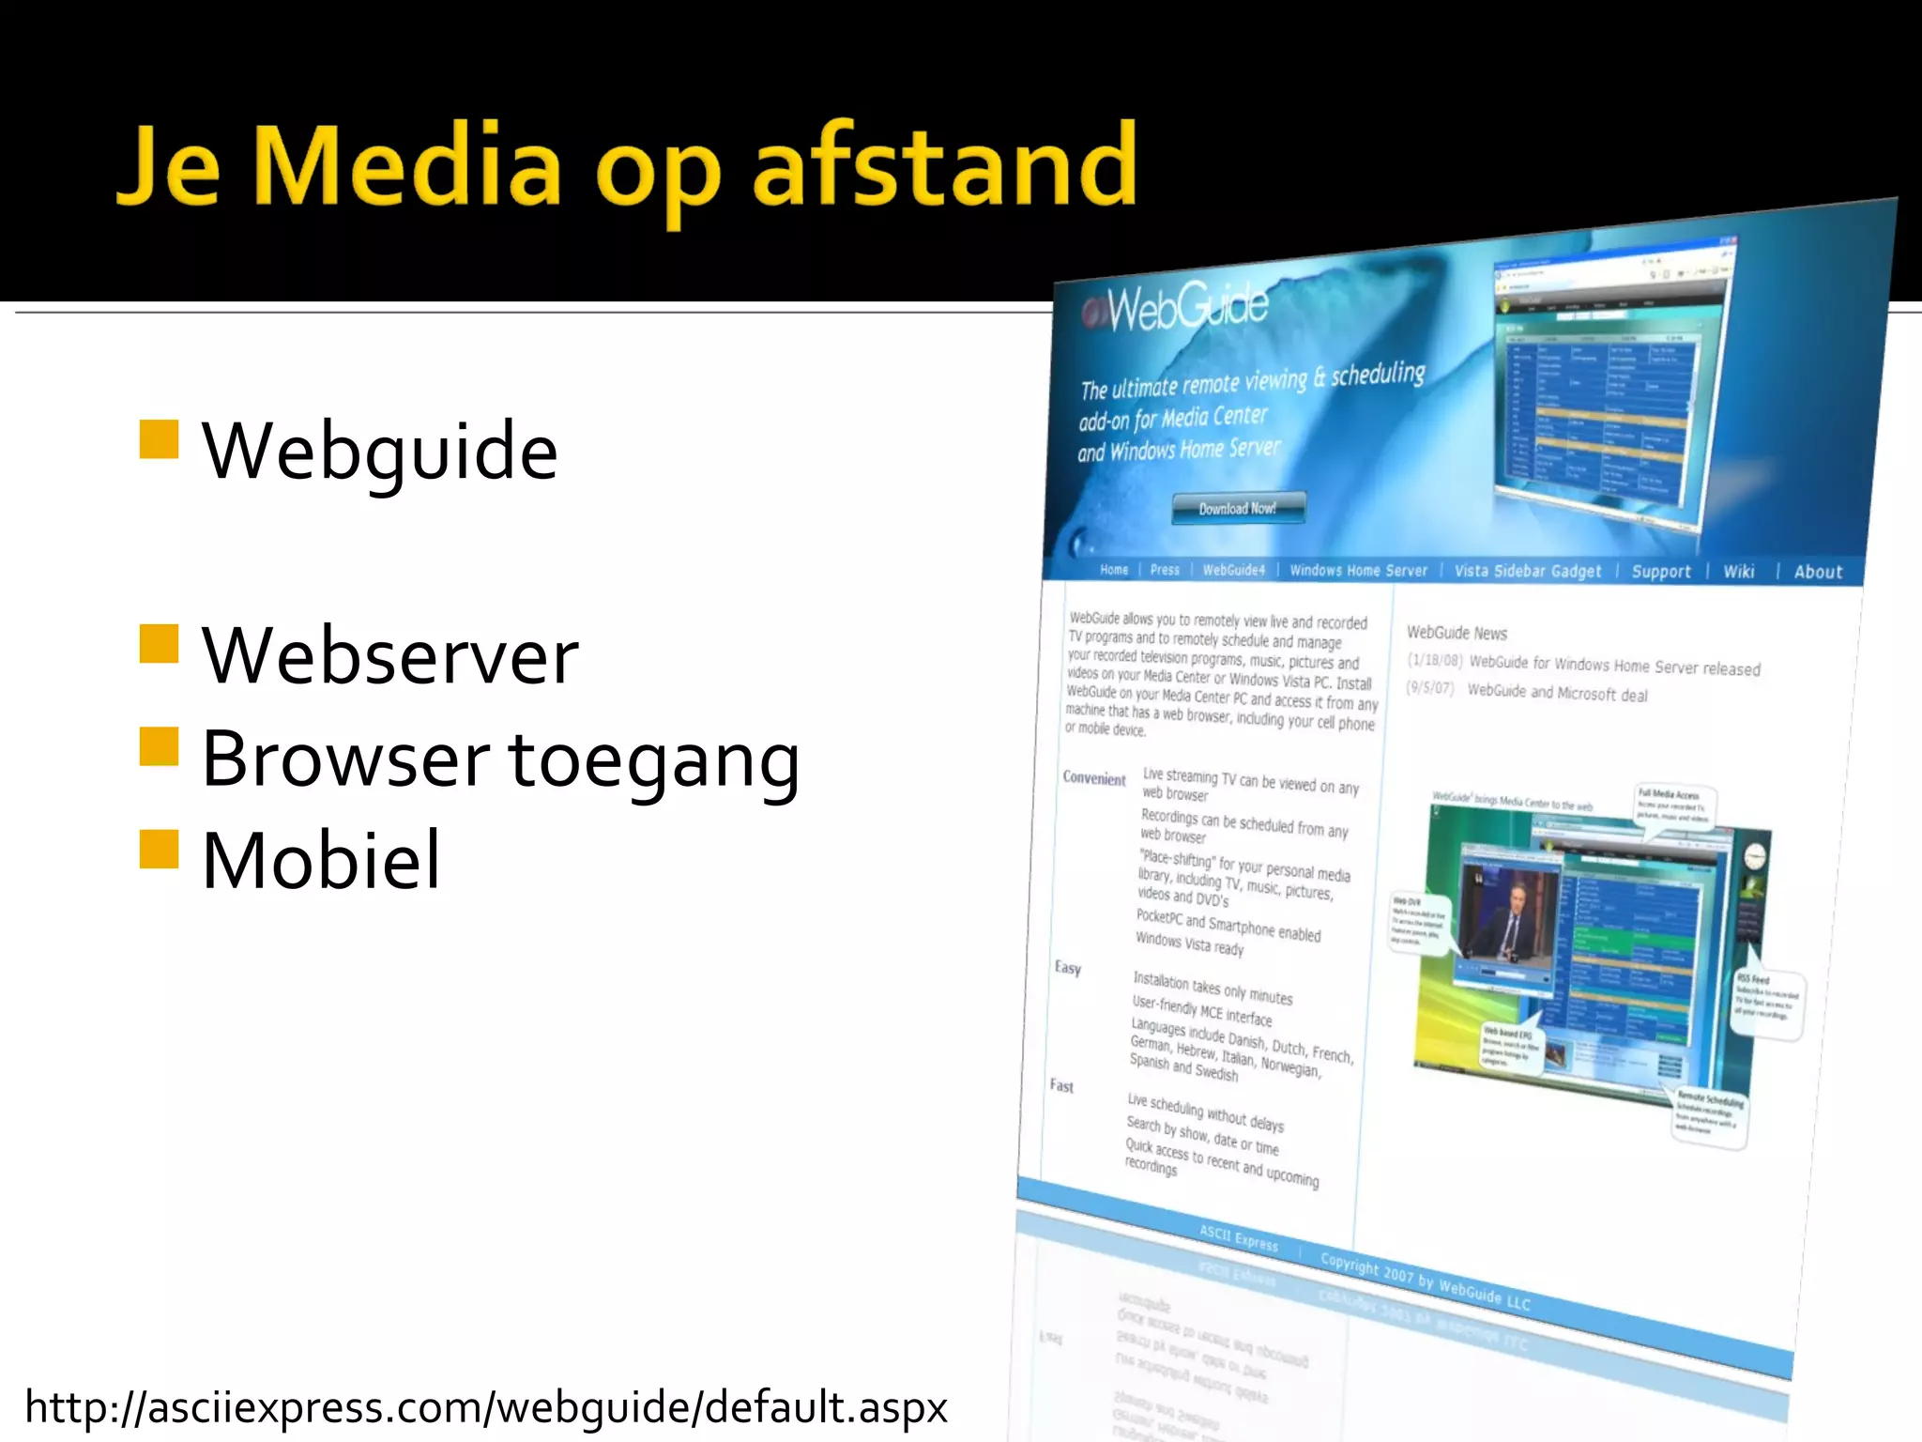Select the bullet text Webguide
point(379,453)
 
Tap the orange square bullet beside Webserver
point(159,644)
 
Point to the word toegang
point(654,760)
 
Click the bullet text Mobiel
point(320,861)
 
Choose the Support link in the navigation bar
point(1660,572)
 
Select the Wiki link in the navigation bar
point(1738,572)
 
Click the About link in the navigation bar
point(1818,572)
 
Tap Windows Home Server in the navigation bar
point(1357,571)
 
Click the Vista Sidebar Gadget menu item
point(1527,571)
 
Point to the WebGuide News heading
point(1457,634)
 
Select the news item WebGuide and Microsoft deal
point(1556,693)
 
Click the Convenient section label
point(1093,778)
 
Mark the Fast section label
point(1061,1086)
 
